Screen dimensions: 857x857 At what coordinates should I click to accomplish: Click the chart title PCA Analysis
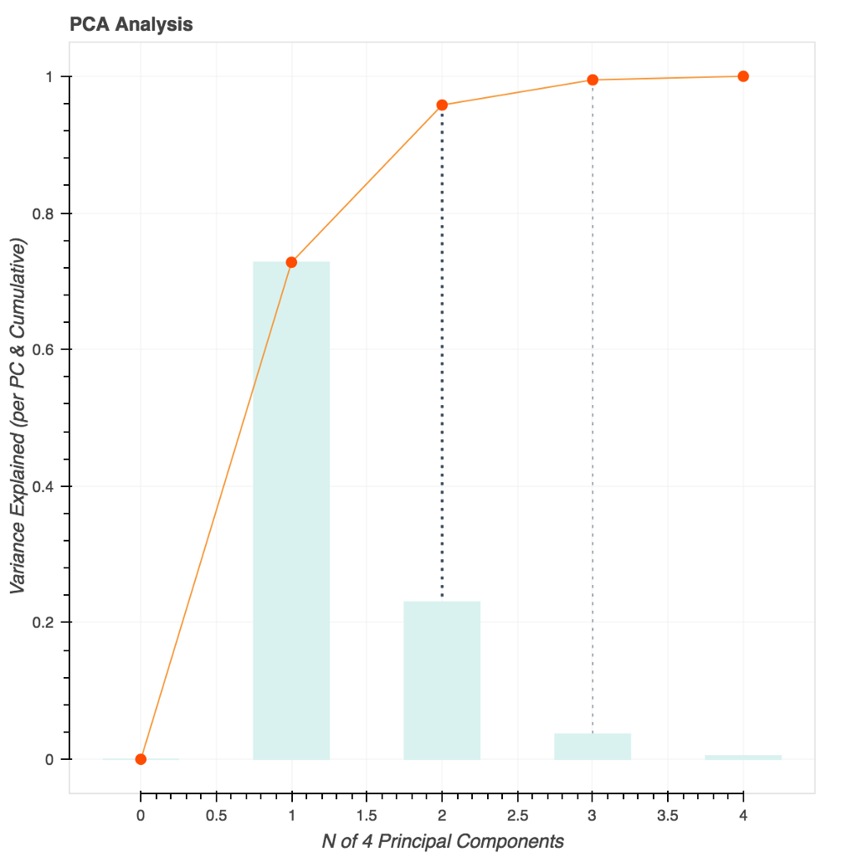point(131,24)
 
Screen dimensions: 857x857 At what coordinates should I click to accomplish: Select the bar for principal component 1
point(291,511)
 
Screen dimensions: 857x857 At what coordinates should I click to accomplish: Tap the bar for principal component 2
point(442,680)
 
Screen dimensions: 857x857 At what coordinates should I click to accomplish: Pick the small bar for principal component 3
point(593,746)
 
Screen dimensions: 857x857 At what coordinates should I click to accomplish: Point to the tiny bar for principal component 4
point(743,757)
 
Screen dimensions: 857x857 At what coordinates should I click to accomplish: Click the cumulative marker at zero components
point(141,759)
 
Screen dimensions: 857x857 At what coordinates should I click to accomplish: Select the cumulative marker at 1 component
point(291,262)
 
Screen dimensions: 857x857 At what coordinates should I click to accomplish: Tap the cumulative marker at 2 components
point(442,105)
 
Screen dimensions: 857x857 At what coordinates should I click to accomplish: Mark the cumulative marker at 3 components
point(593,80)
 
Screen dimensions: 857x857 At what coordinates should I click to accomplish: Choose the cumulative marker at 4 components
point(743,76)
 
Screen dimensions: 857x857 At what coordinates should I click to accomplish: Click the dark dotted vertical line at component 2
point(442,352)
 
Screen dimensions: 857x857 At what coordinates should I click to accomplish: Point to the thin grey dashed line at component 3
point(593,402)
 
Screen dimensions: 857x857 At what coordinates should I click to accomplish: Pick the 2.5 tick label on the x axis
point(517,813)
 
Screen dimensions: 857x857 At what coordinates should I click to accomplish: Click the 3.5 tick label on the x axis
point(668,813)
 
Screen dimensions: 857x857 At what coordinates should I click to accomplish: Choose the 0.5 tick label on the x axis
point(216,813)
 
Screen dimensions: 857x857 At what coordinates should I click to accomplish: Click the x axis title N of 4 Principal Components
point(443,840)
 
